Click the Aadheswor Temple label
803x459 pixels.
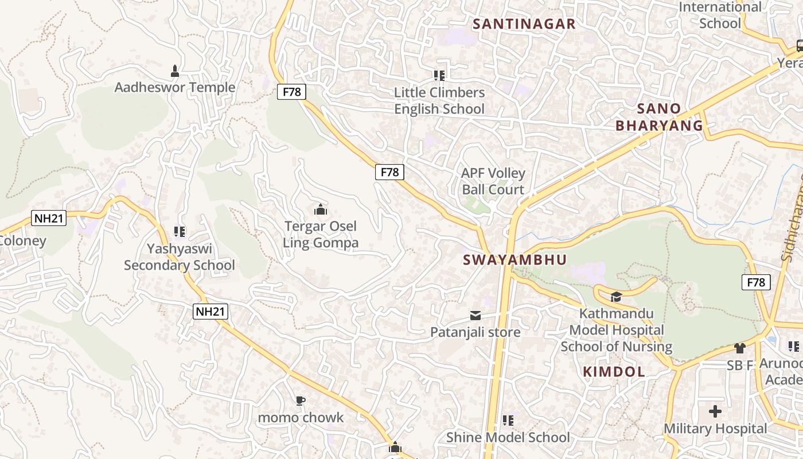(x=175, y=87)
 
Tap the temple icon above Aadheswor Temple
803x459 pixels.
(x=175, y=71)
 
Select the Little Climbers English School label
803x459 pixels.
(x=439, y=100)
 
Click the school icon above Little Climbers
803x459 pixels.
(x=439, y=75)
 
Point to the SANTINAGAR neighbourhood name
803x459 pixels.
(x=524, y=24)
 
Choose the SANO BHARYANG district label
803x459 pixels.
(x=659, y=117)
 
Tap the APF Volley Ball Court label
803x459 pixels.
(x=493, y=181)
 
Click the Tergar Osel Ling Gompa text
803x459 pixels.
(x=321, y=234)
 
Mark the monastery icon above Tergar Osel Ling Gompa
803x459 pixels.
(x=321, y=210)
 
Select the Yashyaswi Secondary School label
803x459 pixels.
(x=180, y=257)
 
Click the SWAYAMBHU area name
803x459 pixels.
(x=514, y=260)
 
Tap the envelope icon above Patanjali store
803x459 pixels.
(x=475, y=316)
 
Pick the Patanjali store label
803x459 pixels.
(x=475, y=332)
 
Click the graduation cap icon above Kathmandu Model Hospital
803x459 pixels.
(x=616, y=297)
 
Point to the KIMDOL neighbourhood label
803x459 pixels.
(x=614, y=372)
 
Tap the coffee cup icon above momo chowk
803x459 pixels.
(x=301, y=400)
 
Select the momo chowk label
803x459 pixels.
(x=301, y=417)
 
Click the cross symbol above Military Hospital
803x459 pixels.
(x=715, y=411)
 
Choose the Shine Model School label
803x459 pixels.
(x=508, y=437)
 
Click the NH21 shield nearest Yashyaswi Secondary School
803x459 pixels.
(x=211, y=312)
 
